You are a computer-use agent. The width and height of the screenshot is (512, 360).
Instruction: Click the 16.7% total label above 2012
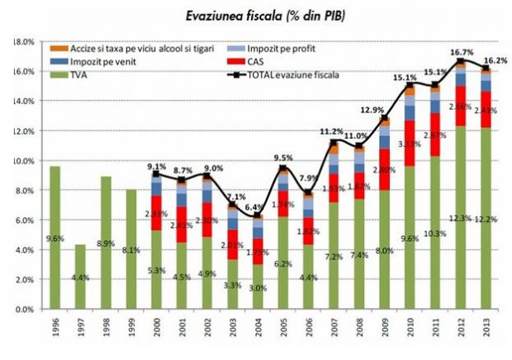[460, 51]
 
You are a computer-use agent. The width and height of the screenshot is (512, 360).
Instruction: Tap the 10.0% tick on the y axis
[22, 160]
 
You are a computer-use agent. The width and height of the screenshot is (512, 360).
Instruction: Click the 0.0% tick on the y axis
[22, 310]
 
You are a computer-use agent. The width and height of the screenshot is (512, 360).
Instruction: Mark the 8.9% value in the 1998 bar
[106, 244]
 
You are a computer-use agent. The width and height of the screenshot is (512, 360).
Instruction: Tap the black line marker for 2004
[257, 215]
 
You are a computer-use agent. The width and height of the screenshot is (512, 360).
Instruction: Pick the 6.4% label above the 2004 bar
[256, 206]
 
